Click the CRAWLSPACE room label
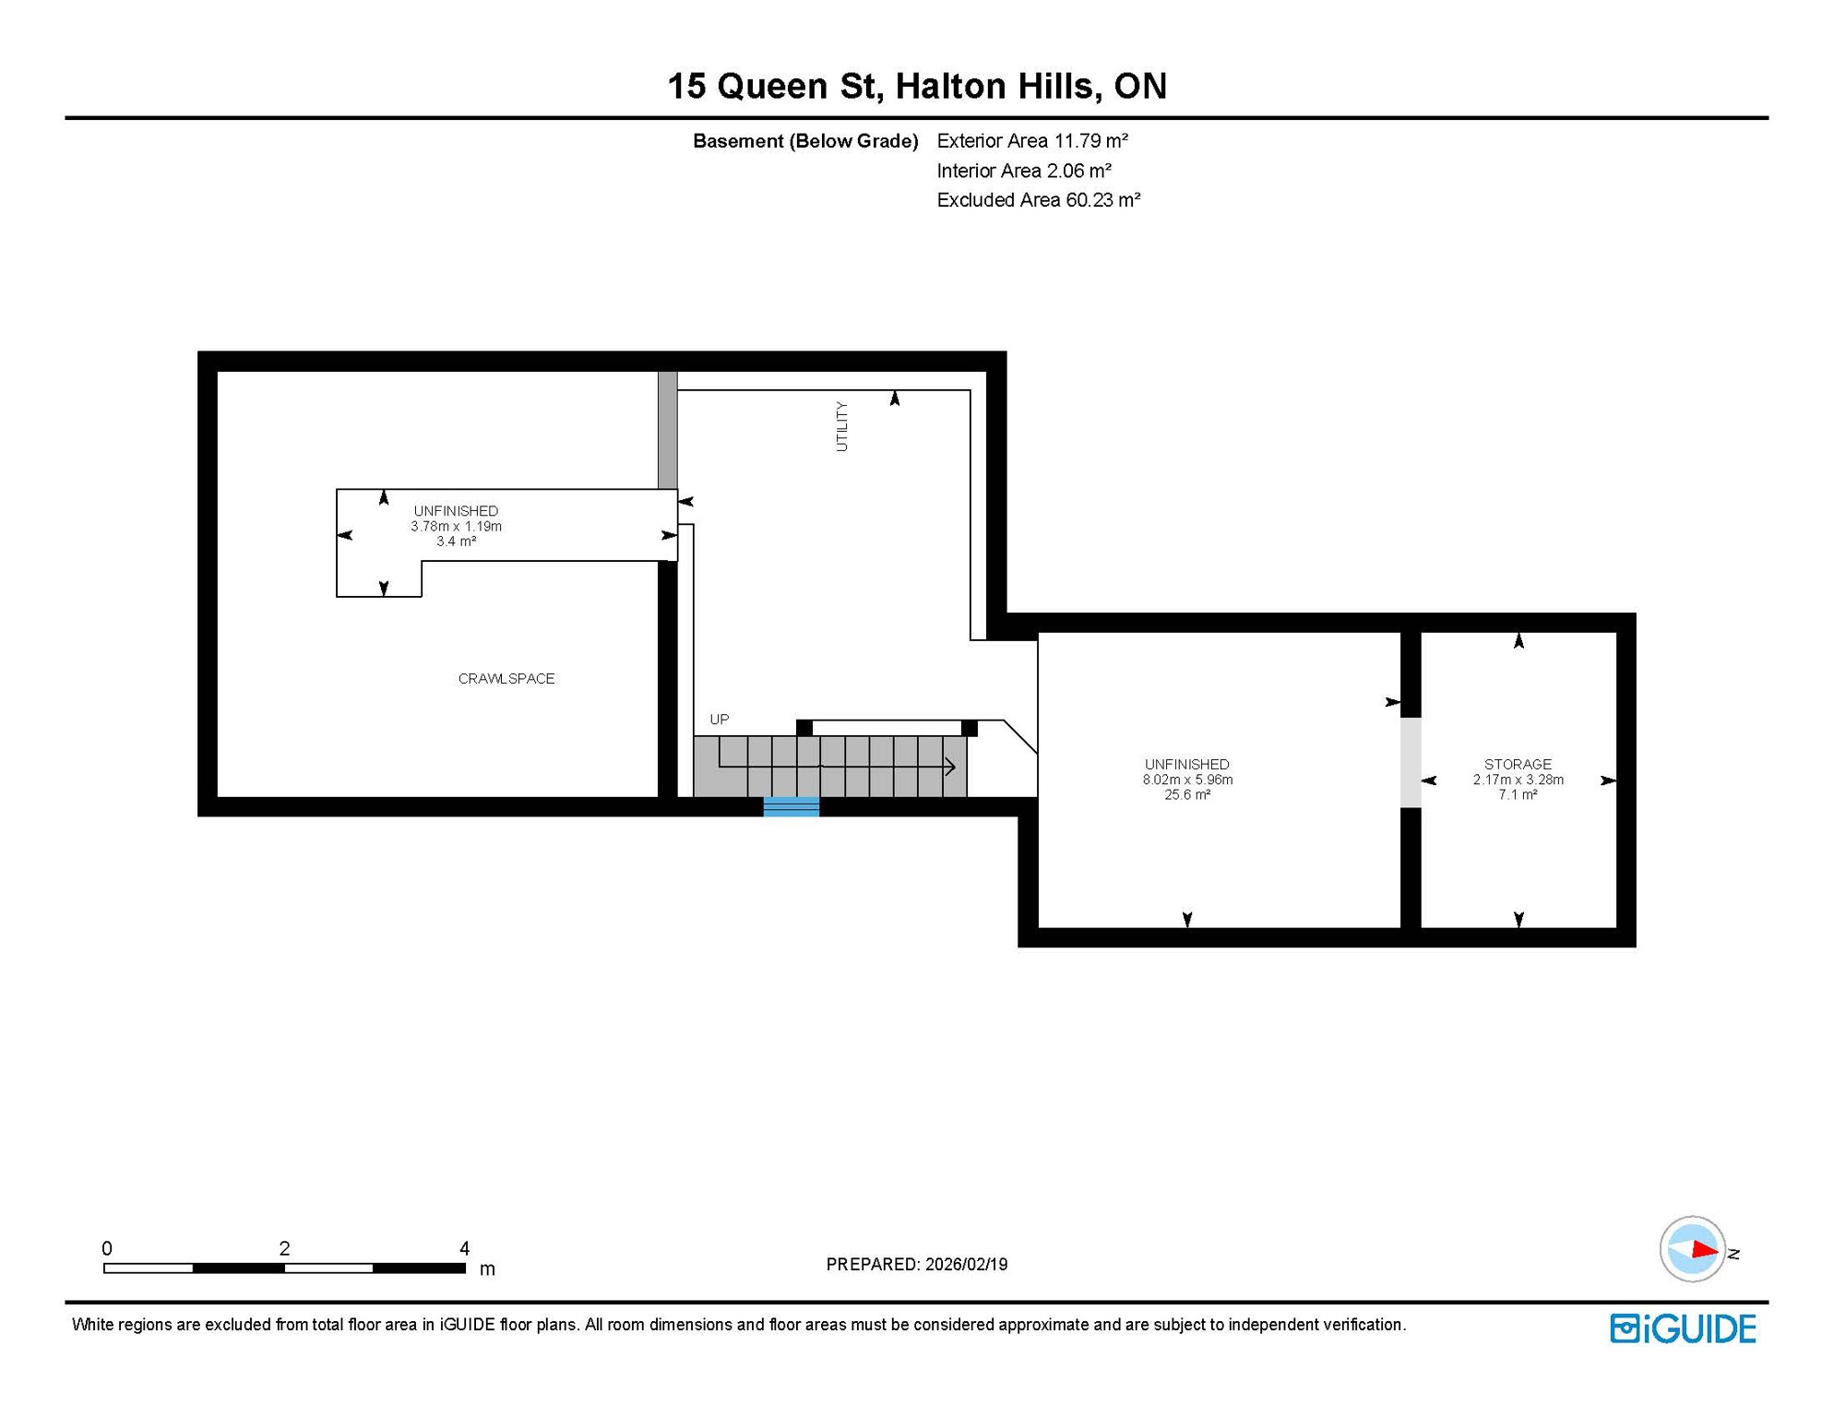506,679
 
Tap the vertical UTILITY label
841,426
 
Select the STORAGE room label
1518,764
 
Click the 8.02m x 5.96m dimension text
1187,780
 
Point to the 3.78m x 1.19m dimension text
456,526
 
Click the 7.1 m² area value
1518,794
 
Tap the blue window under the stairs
792,807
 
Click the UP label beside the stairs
719,720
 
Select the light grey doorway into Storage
1411,762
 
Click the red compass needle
1703,1251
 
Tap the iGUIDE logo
1683,1328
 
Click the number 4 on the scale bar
464,1248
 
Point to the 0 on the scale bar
107,1248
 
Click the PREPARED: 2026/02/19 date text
916,1264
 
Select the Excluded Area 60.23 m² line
1038,200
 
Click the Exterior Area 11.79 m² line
1031,141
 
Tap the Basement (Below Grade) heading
804,141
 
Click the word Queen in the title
772,87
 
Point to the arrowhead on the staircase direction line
950,766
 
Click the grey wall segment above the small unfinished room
667,430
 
